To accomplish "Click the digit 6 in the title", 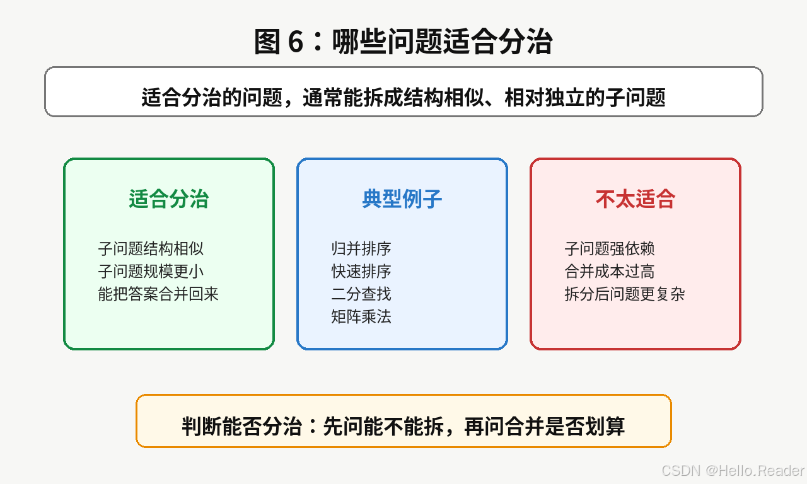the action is (296, 42).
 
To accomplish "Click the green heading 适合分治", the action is (168, 199).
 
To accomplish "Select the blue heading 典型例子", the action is (402, 199).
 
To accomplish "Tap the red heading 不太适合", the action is (635, 199).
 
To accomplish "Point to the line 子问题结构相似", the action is (151, 249).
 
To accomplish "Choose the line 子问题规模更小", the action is (151, 272).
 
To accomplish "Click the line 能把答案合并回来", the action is (158, 294).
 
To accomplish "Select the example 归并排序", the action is (361, 249).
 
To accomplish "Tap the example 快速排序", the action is (361, 272).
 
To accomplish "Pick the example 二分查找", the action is (361, 294).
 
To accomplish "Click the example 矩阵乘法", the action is (361, 317).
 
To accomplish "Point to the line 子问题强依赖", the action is (610, 249).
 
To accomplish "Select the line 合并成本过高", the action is (610, 272).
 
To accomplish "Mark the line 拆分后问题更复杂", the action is (625, 294).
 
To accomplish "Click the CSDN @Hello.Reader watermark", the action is (733, 471).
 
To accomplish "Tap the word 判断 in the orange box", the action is (202, 427).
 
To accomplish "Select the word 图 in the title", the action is (267, 42).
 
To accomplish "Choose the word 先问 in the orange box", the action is (343, 427).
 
